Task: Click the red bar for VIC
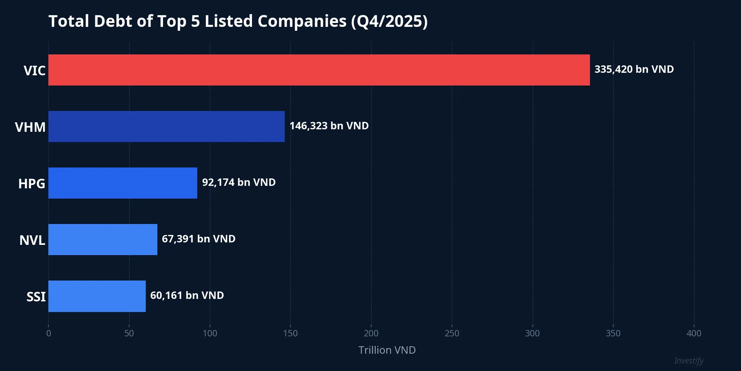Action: coord(319,70)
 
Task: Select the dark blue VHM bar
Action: coord(167,126)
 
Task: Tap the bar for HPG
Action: coord(123,183)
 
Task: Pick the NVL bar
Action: coord(103,240)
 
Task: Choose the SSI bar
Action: coord(97,296)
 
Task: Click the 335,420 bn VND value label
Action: coord(634,69)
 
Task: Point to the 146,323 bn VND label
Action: coord(329,126)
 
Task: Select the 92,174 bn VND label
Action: coord(239,182)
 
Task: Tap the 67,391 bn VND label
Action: coord(198,239)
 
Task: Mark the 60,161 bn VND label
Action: coord(187,295)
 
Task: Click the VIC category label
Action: coord(35,71)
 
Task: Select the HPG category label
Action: coord(32,184)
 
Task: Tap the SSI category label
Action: coord(36,297)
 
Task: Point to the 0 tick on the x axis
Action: coord(49,333)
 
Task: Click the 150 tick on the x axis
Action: coord(290,333)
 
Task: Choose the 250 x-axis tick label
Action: coord(452,333)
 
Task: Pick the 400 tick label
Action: coord(694,333)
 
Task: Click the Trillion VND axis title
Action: coord(387,350)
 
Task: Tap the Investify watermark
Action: coord(688,361)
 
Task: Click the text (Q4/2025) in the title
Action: coord(389,21)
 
